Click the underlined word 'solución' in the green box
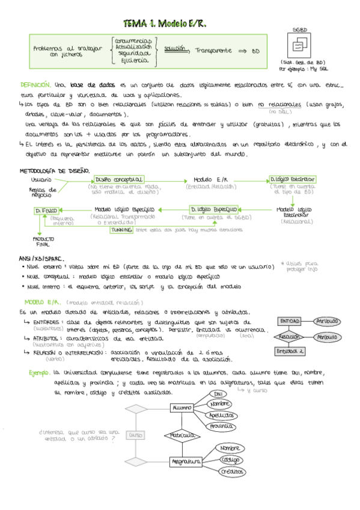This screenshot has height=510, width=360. pyautogui.click(x=174, y=49)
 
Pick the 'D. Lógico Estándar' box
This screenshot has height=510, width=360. pyautogui.click(x=292, y=179)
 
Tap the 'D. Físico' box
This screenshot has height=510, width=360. pyautogui.click(x=46, y=210)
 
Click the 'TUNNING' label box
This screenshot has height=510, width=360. pyautogui.click(x=122, y=230)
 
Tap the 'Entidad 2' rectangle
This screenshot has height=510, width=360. pyautogui.click(x=290, y=351)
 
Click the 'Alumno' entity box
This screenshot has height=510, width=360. pyautogui.click(x=181, y=408)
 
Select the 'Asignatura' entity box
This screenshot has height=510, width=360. pyautogui.click(x=185, y=461)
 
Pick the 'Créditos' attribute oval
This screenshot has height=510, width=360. pyautogui.click(x=231, y=472)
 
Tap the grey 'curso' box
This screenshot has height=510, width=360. pyautogui.click(x=135, y=434)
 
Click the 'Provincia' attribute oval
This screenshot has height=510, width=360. pyautogui.click(x=221, y=426)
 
